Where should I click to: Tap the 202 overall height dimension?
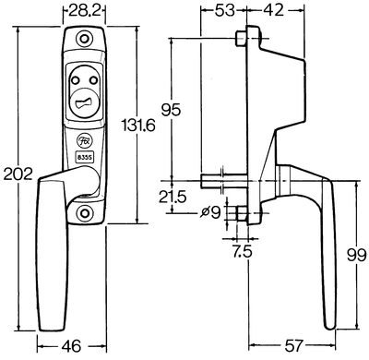pyautogui.click(x=18, y=174)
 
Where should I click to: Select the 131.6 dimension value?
pyautogui.click(x=138, y=126)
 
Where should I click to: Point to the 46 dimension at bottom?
pyautogui.click(x=71, y=346)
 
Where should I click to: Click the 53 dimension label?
pyautogui.click(x=223, y=10)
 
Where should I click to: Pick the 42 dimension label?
pyautogui.click(x=273, y=10)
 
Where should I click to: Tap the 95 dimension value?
pyautogui.click(x=171, y=110)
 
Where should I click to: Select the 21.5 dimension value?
pyautogui.click(x=173, y=197)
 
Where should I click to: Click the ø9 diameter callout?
pyautogui.click(x=210, y=212)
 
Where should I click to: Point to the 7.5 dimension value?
pyautogui.click(x=242, y=252)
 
